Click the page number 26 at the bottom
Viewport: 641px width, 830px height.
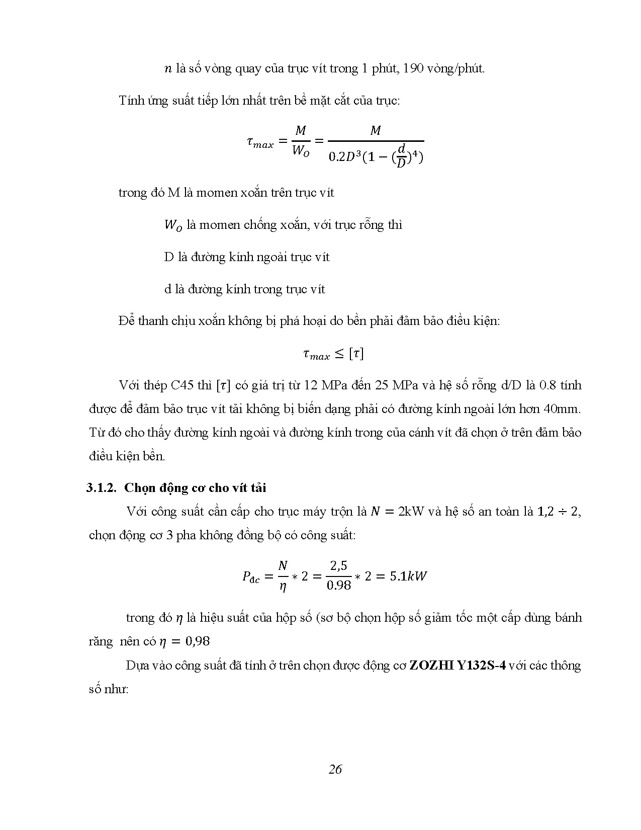pyautogui.click(x=335, y=769)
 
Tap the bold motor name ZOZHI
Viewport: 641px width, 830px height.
pyautogui.click(x=428, y=666)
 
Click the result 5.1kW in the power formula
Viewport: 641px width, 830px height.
pyautogui.click(x=408, y=576)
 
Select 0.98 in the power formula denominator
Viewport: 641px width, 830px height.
pyautogui.click(x=338, y=586)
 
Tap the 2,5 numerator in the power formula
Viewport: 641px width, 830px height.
pyautogui.click(x=338, y=566)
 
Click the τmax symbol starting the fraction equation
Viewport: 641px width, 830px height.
pyautogui.click(x=260, y=143)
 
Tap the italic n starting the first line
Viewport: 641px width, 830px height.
pyautogui.click(x=168, y=69)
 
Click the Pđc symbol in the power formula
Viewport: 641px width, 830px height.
pyautogui.click(x=251, y=577)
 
